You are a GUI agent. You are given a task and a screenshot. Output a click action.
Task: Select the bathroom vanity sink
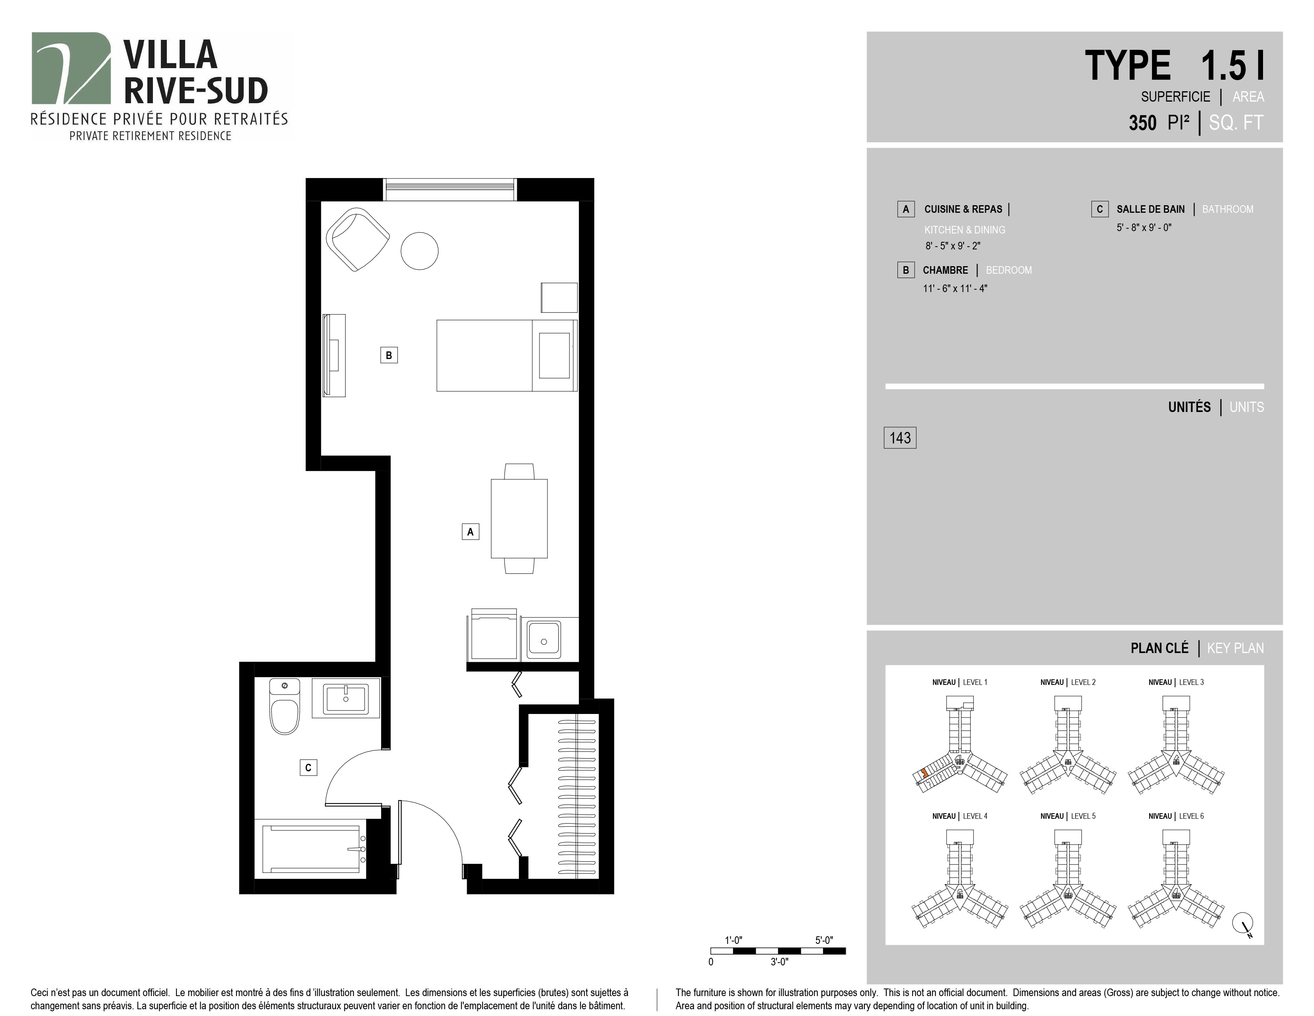346,698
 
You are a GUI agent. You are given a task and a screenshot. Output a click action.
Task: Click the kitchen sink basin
544,640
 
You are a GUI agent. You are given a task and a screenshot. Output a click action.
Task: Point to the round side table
419,251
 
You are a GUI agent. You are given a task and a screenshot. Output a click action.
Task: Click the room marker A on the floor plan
471,532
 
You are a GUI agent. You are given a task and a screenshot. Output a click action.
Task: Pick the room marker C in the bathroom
308,767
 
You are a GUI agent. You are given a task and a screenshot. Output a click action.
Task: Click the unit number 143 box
899,437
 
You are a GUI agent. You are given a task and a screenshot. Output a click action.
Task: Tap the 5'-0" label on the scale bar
824,940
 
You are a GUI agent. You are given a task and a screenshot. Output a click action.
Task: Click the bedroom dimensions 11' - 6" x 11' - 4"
955,288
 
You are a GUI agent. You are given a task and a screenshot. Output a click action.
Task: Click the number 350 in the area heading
1142,123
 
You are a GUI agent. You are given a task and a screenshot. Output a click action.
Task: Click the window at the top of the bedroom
450,190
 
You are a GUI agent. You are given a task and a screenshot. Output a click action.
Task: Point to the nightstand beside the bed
559,297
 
